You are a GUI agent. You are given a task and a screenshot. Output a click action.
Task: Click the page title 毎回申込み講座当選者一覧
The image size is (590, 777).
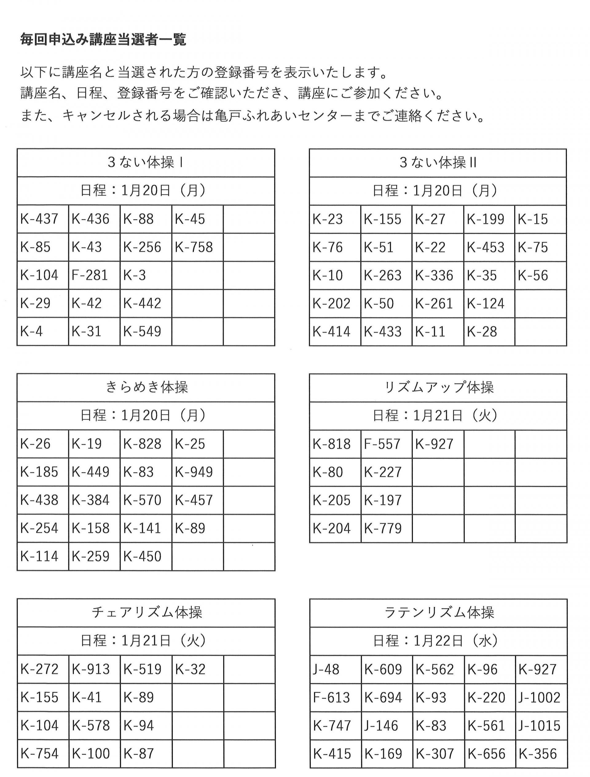pos(103,40)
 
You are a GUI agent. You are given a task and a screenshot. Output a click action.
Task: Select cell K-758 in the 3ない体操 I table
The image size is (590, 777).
pos(194,247)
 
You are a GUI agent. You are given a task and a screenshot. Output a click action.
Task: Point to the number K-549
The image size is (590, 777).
pos(142,331)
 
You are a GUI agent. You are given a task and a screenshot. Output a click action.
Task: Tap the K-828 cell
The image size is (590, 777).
pos(142,444)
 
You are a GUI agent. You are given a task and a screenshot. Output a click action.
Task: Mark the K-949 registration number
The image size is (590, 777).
pos(194,472)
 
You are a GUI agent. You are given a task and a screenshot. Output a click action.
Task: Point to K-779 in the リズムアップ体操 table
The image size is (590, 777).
pos(383,528)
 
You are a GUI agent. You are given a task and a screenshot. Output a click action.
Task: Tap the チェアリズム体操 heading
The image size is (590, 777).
pos(147,612)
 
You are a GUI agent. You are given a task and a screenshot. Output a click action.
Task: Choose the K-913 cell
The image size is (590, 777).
pos(91,669)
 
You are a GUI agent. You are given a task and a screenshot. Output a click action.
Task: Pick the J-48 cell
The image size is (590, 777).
pos(326,669)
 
